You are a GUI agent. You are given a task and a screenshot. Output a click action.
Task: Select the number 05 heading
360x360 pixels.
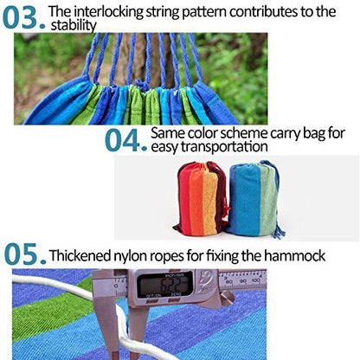tap(23, 254)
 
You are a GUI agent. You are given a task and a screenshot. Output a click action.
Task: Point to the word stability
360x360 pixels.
tap(69, 26)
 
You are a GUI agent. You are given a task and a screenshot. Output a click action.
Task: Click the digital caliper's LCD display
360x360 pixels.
tap(164, 283)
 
